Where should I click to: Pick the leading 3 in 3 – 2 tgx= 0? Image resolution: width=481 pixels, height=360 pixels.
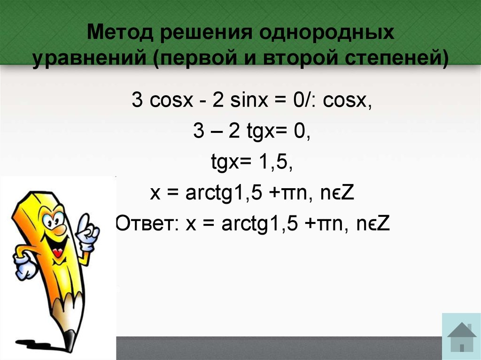click(198, 132)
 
